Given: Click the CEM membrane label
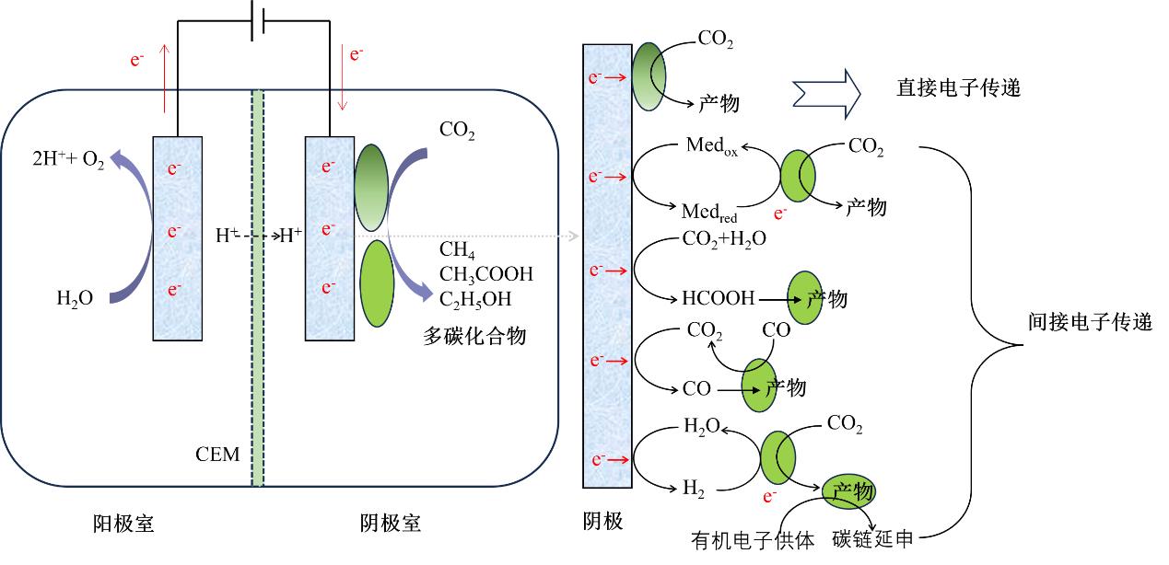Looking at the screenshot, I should click(x=217, y=454).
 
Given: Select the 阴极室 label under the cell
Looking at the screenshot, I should click(x=390, y=524).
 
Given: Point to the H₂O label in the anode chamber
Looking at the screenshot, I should click(x=75, y=298).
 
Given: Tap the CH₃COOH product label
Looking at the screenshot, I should click(x=485, y=273).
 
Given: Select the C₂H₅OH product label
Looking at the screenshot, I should click(x=475, y=298).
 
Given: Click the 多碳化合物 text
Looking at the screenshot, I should click(x=474, y=336).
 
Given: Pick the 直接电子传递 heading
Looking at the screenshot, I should click(x=959, y=88).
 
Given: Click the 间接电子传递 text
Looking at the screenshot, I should click(x=1090, y=322).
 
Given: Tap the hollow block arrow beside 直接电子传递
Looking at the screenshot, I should click(x=825, y=89).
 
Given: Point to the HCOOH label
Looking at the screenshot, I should click(x=718, y=297).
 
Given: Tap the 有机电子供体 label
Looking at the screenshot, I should click(x=753, y=541).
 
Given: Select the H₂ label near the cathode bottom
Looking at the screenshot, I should click(x=694, y=490).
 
